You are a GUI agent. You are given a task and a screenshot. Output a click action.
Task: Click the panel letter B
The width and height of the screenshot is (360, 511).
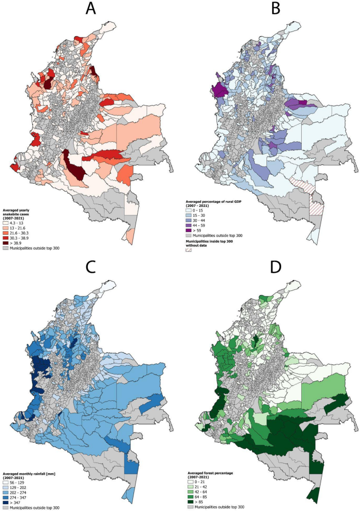[x=270, y=10]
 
